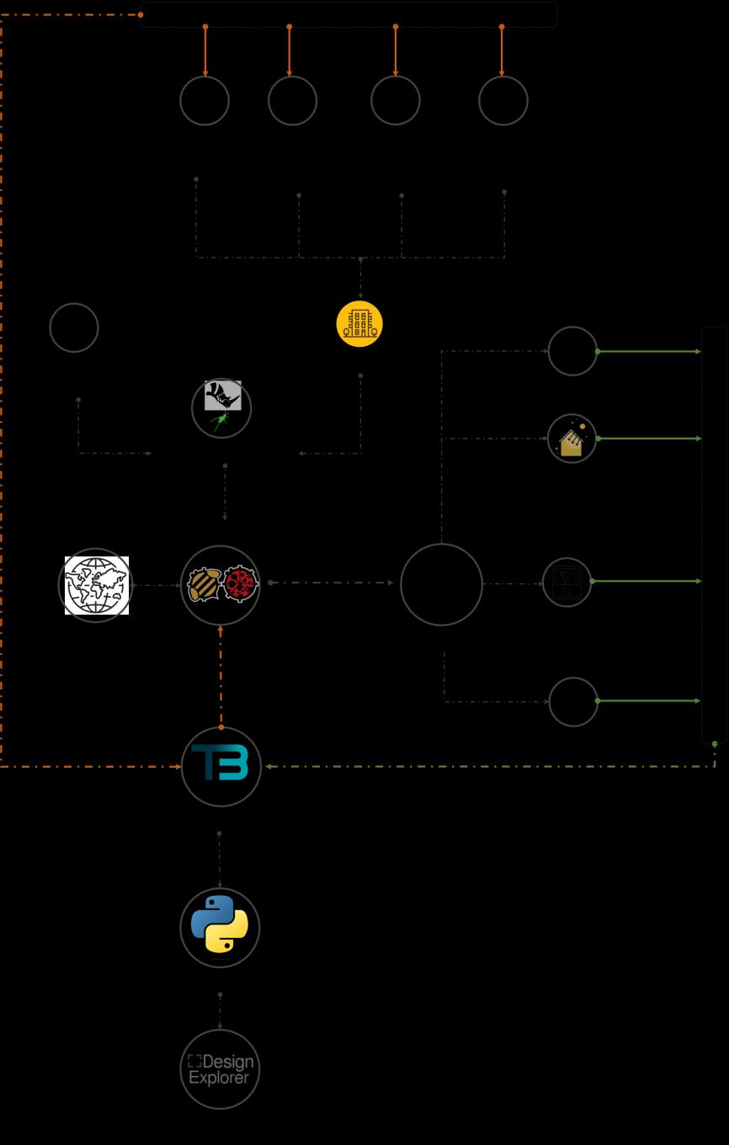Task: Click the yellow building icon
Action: coord(359,324)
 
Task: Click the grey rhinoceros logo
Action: coord(223,395)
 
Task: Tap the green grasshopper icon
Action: coord(220,420)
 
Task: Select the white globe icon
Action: coord(97,585)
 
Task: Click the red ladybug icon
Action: coord(240,584)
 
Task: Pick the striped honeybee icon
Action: coord(204,584)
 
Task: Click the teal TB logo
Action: coord(221,764)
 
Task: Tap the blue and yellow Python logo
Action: coord(220,924)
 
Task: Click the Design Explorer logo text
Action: coord(220,1069)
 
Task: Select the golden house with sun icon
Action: coord(572,439)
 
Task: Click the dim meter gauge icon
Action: coord(567,582)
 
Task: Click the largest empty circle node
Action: coord(441,584)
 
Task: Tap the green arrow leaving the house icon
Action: coord(648,439)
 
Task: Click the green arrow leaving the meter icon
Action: coord(647,581)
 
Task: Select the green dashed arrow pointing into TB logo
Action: coord(488,766)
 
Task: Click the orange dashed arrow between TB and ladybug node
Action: coord(221,676)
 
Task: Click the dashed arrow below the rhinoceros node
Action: coord(225,493)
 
